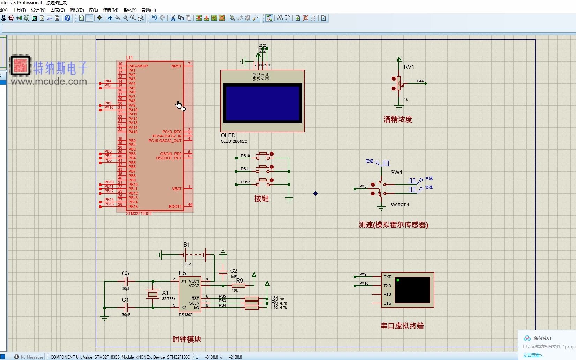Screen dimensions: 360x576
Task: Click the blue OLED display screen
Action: tap(262, 103)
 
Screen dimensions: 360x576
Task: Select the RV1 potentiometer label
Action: tap(409, 67)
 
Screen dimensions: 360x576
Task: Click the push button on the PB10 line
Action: tap(263, 155)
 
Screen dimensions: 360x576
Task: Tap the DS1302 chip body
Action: tap(190, 294)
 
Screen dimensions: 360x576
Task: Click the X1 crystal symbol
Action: tap(152, 294)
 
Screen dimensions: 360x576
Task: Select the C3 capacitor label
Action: tap(125, 273)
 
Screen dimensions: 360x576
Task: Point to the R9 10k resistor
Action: tap(238, 286)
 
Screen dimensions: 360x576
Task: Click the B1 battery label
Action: tap(186, 245)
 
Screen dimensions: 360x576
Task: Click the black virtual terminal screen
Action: tap(412, 290)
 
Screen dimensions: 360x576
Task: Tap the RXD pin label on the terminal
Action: tap(387, 277)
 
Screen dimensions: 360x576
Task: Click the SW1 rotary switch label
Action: tap(396, 172)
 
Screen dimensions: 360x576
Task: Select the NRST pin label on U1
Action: tap(176, 66)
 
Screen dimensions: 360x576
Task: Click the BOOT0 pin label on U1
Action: tap(175, 207)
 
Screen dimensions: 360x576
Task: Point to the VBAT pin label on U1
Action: tap(177, 189)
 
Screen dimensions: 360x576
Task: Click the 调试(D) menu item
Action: tap(77, 10)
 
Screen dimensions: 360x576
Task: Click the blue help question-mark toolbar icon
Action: tap(68, 18)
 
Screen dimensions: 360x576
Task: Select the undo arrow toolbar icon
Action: tap(155, 18)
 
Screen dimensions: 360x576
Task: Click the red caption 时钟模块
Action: tap(187, 339)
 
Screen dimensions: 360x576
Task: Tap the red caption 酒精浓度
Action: tap(398, 119)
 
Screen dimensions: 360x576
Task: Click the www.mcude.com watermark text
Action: tap(48, 82)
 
